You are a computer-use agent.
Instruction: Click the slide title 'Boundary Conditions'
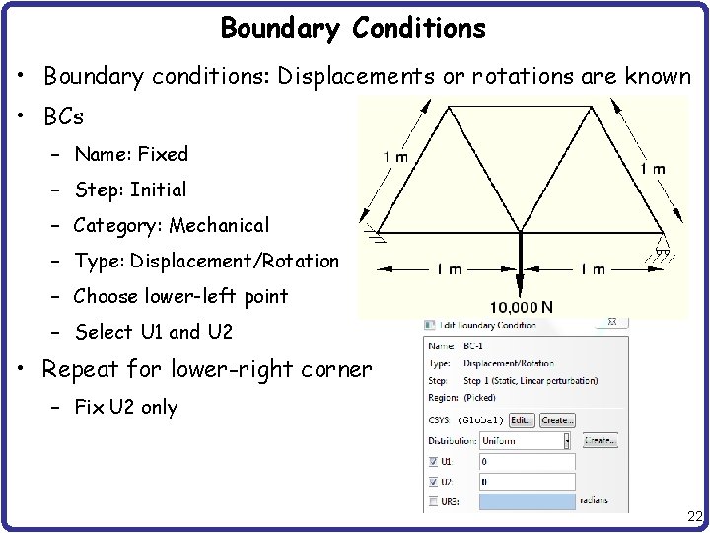[353, 29]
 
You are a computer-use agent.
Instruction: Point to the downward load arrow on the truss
[521, 262]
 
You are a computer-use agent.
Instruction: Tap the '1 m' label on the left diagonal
[395, 156]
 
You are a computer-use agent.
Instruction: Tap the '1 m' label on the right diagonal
[651, 169]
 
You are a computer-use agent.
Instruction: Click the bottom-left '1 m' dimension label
[447, 269]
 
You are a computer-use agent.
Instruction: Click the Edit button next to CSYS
[521, 419]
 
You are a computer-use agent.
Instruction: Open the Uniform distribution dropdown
[527, 440]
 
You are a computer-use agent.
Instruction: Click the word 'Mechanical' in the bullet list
[219, 225]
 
